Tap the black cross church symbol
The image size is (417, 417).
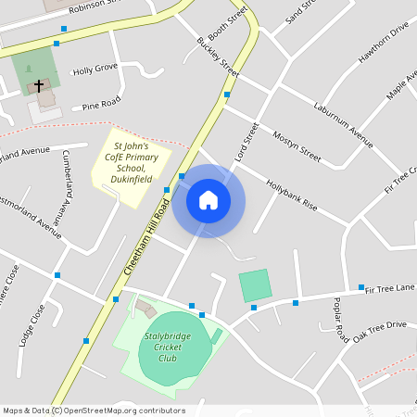click(39, 85)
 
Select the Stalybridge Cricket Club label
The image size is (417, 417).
click(167, 347)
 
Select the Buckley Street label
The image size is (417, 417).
click(218, 57)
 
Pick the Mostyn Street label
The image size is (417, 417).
click(296, 145)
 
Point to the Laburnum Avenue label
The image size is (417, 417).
click(342, 125)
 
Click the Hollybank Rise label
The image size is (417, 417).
click(291, 194)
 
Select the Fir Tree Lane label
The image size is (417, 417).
click(389, 289)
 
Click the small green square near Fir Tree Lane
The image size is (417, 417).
click(255, 284)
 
